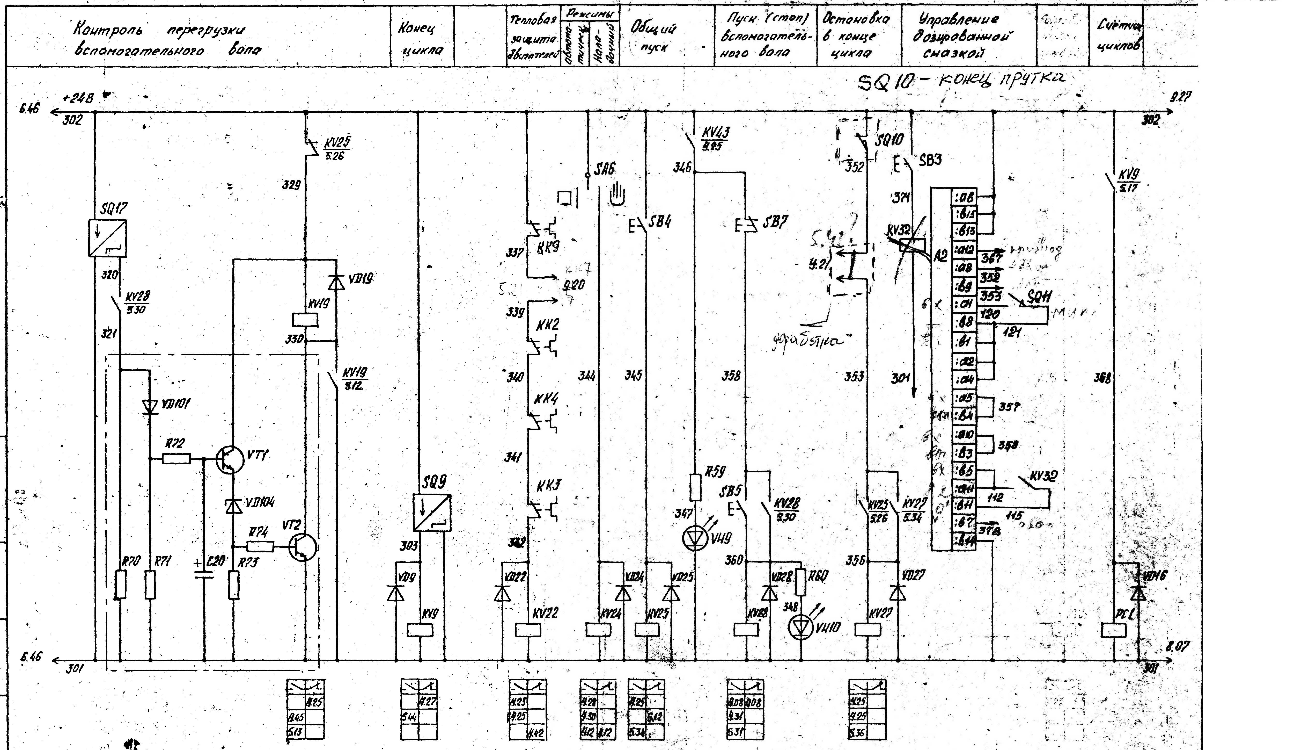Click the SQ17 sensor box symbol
[x=107, y=238]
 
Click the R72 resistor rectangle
[x=176, y=458]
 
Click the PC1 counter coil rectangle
[x=1113, y=630]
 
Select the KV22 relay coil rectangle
[x=528, y=630]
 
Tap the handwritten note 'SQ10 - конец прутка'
[x=960, y=81]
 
